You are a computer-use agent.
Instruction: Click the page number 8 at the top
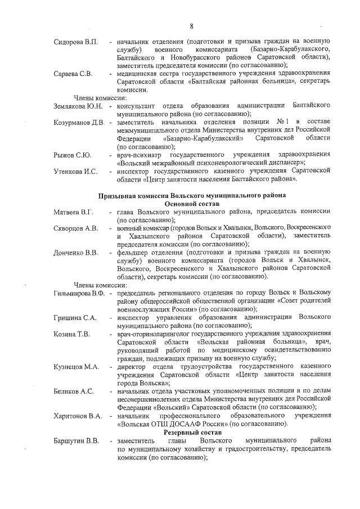[x=192, y=26]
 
